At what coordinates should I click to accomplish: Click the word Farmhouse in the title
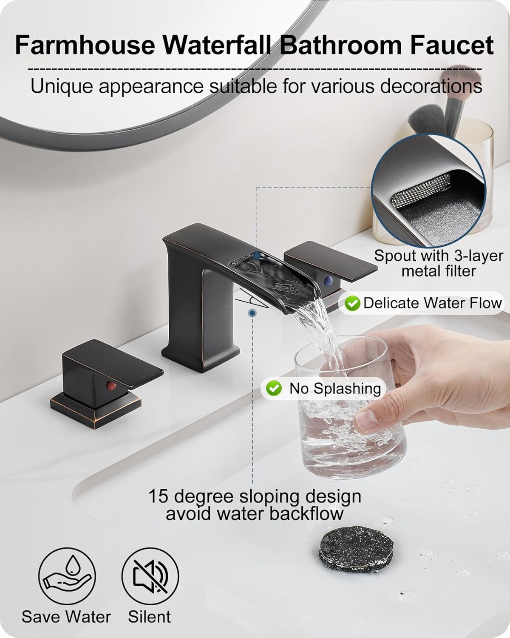click(x=85, y=46)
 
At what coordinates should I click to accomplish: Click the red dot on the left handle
click(x=111, y=386)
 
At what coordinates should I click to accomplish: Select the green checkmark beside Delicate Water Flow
click(x=352, y=303)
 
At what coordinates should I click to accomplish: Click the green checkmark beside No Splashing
click(x=274, y=388)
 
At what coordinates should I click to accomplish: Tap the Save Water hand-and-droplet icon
click(x=67, y=576)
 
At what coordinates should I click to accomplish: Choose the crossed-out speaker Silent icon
click(x=150, y=576)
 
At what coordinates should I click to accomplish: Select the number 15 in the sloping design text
click(x=158, y=496)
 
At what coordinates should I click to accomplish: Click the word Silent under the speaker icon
click(x=149, y=616)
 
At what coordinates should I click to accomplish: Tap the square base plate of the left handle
click(x=95, y=404)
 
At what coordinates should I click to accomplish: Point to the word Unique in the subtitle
click(x=61, y=86)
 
